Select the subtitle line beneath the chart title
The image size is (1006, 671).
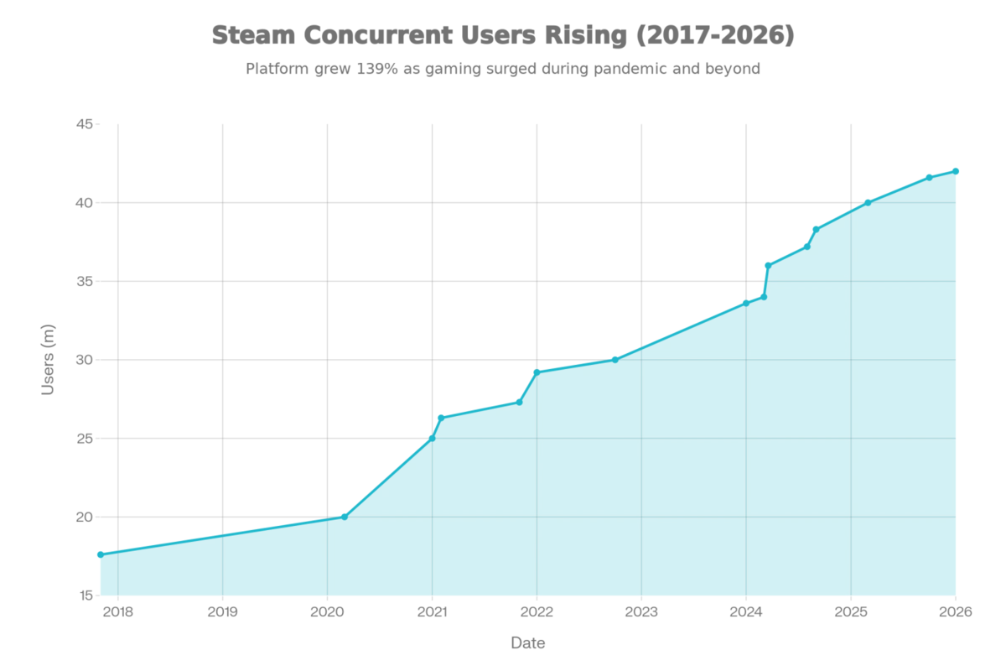tap(503, 70)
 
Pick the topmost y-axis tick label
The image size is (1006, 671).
tap(85, 124)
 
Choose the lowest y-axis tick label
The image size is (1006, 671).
tap(85, 594)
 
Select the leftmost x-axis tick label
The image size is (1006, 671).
tap(116, 611)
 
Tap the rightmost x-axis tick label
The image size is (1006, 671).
tap(956, 611)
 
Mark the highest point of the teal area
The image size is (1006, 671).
tap(957, 168)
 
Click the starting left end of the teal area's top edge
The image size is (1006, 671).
tap(97, 552)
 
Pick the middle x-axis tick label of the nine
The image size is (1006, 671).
tap(537, 611)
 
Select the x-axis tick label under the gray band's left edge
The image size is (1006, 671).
tap(325, 611)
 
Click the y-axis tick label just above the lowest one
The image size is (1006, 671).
tap(85, 517)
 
